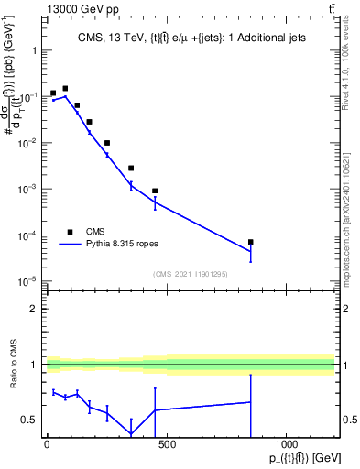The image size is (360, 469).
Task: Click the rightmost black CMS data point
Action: point(250,242)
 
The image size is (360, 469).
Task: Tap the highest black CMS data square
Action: point(65,89)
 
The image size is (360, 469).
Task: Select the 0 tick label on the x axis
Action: point(47,443)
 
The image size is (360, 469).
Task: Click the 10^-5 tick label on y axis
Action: point(27,281)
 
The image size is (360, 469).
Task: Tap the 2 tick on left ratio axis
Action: point(34,309)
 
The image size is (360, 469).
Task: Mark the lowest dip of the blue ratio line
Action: point(131,434)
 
